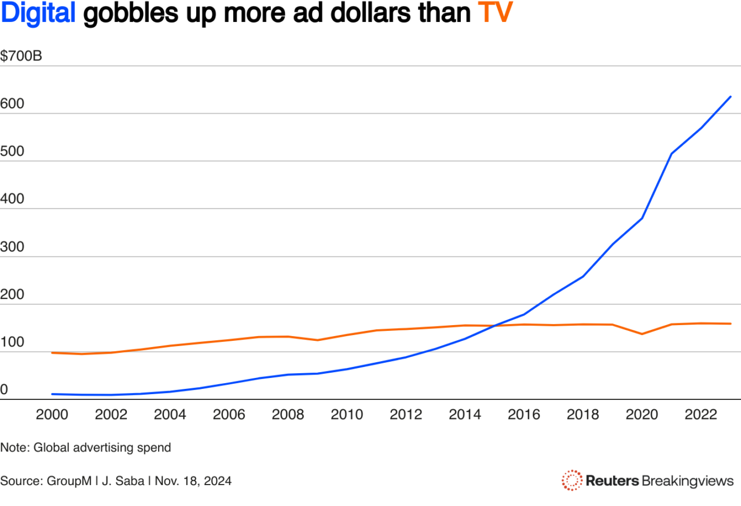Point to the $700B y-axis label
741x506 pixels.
(x=21, y=57)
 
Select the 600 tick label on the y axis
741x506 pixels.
(x=13, y=104)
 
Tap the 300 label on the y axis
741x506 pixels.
(x=13, y=247)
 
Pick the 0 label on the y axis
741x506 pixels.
(x=5, y=391)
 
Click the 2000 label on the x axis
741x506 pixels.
(x=52, y=414)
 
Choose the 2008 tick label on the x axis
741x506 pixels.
(x=288, y=414)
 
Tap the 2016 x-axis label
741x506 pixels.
(x=524, y=414)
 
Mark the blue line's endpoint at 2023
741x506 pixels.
(x=731, y=97)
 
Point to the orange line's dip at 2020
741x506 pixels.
(x=643, y=334)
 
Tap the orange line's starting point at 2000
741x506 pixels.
(x=52, y=352)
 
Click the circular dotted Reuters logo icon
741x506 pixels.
(x=572, y=480)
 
